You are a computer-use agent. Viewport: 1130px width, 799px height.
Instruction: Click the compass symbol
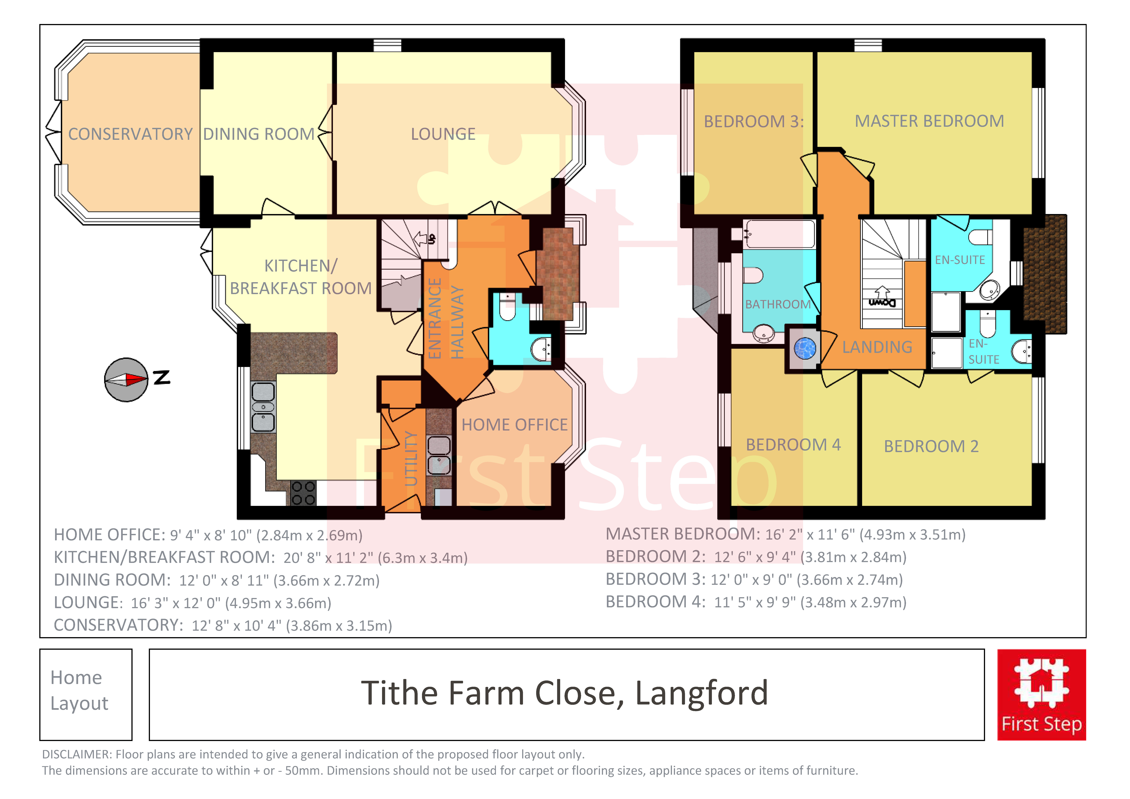(x=126, y=380)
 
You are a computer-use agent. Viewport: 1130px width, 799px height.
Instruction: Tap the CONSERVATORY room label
(x=130, y=134)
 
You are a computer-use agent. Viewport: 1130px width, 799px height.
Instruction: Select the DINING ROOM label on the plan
(x=259, y=134)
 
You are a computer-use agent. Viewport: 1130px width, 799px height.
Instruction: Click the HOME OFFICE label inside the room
(x=514, y=425)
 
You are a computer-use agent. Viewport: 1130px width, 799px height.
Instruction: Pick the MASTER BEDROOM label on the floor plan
(x=929, y=121)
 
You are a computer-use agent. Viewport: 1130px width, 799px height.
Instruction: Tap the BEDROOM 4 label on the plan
(x=793, y=445)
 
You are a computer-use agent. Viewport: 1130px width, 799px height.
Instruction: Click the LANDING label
(x=877, y=347)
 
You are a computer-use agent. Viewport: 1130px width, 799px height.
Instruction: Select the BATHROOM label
(x=778, y=304)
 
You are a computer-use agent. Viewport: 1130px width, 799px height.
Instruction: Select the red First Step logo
(x=1041, y=695)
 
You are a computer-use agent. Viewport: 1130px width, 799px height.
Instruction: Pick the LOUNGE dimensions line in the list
(x=192, y=603)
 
